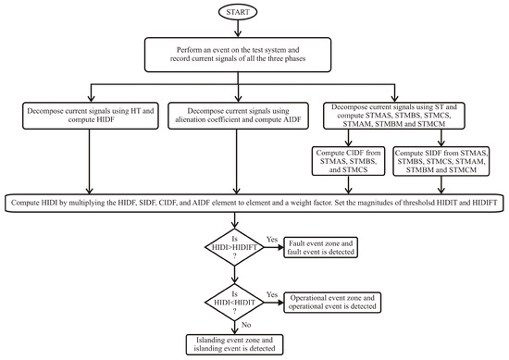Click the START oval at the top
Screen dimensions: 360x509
pyautogui.click(x=255, y=14)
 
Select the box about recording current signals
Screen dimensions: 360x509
pyautogui.click(x=254, y=54)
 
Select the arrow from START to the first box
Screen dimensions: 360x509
pyautogui.click(x=254, y=31)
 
